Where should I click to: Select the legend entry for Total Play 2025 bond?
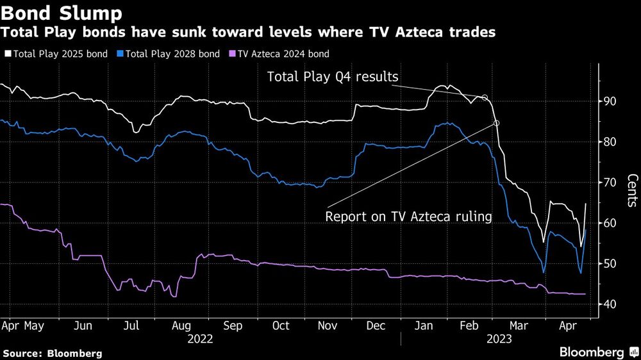coord(56,54)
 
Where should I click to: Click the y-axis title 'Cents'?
coord(632,191)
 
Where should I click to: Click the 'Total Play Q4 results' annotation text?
coord(333,78)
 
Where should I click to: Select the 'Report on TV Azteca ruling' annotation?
coord(408,217)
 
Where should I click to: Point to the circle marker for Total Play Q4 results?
coord(485,97)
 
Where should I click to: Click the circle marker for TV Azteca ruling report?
coord(496,123)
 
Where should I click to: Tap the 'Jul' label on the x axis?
coord(131,326)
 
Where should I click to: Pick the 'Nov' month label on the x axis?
coord(328,326)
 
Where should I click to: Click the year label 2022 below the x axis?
coord(201,340)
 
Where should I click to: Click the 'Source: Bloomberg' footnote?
coord(53,353)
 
